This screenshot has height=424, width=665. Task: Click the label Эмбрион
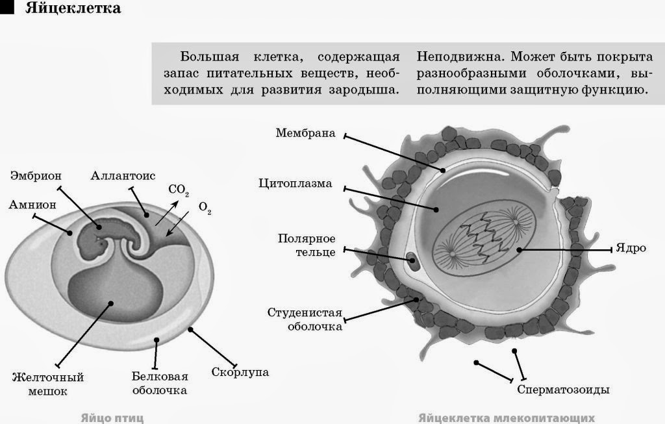tap(37, 175)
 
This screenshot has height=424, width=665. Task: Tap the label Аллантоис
tap(122, 175)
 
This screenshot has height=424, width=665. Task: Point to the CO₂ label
tap(178, 190)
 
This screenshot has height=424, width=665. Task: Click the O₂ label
tap(205, 208)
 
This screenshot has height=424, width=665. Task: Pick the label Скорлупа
tap(240, 373)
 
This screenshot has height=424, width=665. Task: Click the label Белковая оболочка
tap(159, 383)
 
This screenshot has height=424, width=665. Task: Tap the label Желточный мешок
tap(48, 384)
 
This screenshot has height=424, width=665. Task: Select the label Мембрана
tap(305, 134)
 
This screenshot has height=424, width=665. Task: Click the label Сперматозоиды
tap(563, 390)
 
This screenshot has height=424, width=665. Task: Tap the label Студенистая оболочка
tap(305, 319)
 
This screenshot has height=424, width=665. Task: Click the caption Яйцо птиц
tap(112, 417)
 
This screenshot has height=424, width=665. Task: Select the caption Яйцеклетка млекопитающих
tap(507, 417)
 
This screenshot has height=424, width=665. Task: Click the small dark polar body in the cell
tap(412, 262)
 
